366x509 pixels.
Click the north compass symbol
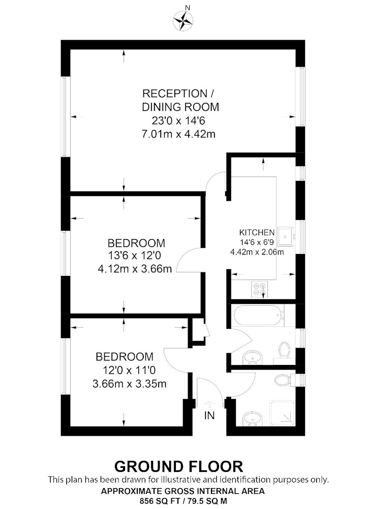tap(183, 20)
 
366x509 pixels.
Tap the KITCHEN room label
tap(257, 233)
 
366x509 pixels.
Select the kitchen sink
tap(286, 237)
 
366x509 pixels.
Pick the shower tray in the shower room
tap(282, 413)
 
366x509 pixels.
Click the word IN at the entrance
tap(209, 415)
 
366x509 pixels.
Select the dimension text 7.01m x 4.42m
tap(178, 133)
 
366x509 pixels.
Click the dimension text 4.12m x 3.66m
tap(135, 268)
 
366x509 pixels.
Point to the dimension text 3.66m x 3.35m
tap(129, 384)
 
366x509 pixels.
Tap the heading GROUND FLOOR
tap(178, 466)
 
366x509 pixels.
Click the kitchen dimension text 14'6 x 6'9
tap(257, 242)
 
